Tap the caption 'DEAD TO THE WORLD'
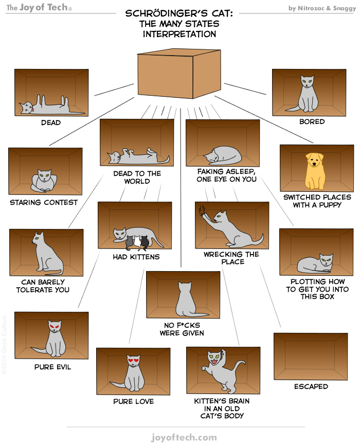point(137,177)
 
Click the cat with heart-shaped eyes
point(132,372)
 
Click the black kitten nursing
point(145,240)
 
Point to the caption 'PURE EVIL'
point(52,367)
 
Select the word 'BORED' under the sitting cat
point(312,122)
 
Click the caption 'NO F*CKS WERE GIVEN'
point(182,329)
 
